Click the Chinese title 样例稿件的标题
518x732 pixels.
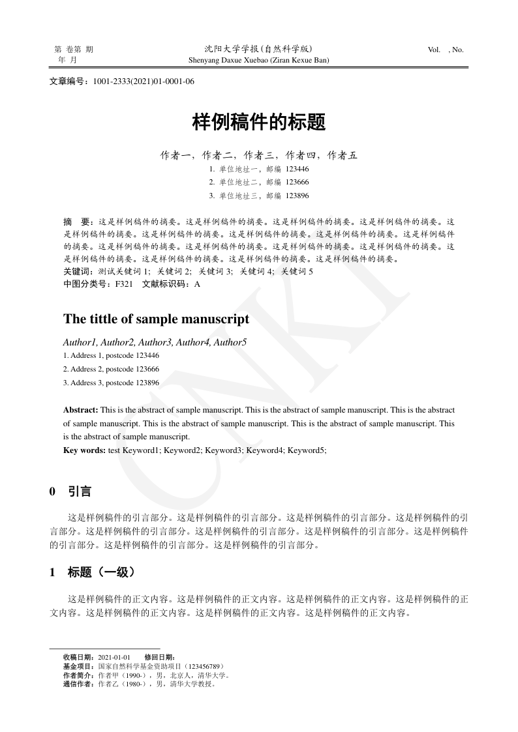[258, 122]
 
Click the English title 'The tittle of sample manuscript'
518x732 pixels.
[156, 319]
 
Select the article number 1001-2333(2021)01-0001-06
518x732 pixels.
[144, 81]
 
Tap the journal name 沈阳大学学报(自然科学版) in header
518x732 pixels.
[258, 49]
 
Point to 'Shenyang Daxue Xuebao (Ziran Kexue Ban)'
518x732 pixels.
[258, 60]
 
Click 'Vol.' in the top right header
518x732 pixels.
[434, 50]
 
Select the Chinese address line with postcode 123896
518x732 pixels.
[258, 196]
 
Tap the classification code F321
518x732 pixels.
[124, 284]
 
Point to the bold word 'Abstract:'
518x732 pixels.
[80, 410]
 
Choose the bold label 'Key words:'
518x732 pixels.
[84, 450]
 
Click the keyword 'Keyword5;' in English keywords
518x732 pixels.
[307, 450]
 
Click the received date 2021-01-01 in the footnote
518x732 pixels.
[114, 657]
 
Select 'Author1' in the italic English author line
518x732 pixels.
[80, 342]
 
